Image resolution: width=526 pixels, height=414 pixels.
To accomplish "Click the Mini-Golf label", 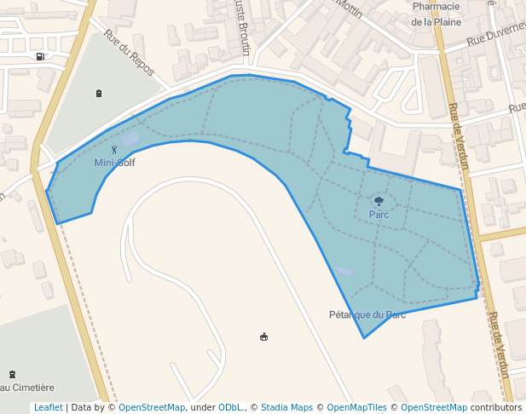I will click(x=114, y=162).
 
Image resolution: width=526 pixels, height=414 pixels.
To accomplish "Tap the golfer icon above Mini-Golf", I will click(x=114, y=150).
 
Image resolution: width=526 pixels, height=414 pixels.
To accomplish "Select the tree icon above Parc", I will click(x=379, y=202).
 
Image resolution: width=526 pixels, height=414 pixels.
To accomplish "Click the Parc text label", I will click(x=379, y=215).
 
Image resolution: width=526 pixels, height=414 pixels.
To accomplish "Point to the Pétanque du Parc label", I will click(x=367, y=314).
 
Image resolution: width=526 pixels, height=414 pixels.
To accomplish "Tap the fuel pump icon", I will click(x=40, y=57).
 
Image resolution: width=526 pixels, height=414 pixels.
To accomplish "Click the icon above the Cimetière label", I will click(x=11, y=374).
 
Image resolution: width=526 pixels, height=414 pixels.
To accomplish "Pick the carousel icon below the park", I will click(x=263, y=337).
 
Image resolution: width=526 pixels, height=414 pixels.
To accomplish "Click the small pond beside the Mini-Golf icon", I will click(x=130, y=138).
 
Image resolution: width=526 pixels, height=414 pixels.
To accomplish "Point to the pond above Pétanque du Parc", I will click(x=341, y=270).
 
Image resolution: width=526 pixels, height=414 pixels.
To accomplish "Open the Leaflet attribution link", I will click(x=48, y=407).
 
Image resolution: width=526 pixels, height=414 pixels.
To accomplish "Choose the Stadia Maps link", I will click(x=286, y=407).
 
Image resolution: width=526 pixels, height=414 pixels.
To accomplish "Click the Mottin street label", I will click(x=348, y=7).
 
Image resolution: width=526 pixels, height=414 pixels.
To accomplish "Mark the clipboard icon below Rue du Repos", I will click(x=99, y=93).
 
